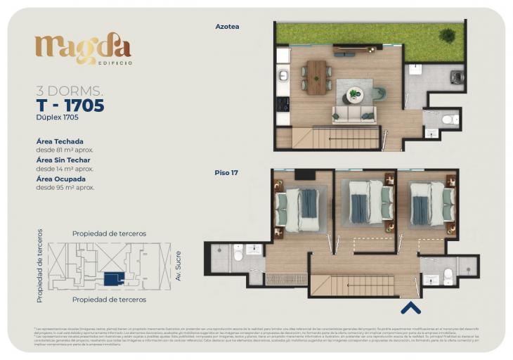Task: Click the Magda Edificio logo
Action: [x=83, y=49]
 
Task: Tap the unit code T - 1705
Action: [x=70, y=106]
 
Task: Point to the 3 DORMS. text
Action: [x=70, y=91]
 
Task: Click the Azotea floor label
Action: [x=227, y=27]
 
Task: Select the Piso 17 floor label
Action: [x=226, y=172]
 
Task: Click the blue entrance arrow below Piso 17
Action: [x=410, y=307]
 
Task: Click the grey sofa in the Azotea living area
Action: [x=354, y=115]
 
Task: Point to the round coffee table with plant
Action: [x=355, y=94]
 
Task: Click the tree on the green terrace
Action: [x=447, y=34]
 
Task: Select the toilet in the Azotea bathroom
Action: [x=450, y=120]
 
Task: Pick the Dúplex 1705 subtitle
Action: [x=58, y=117]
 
